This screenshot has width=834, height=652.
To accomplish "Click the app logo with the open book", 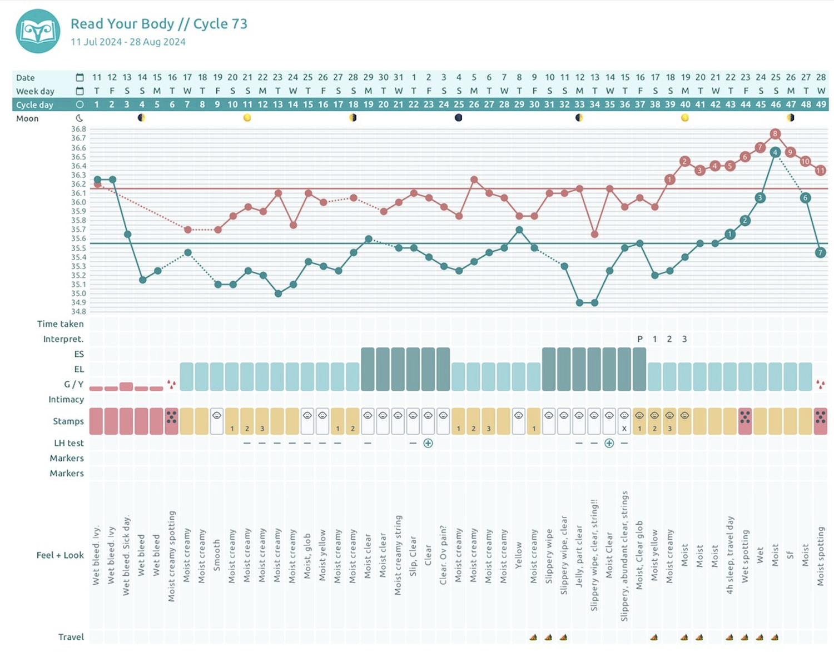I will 38,31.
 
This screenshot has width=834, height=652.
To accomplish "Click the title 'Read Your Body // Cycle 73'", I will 158,24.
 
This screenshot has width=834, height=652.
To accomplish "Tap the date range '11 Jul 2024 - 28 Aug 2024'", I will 128,42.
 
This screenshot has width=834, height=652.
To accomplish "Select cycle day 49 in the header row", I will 821,104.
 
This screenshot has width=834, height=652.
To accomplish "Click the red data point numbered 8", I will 775,134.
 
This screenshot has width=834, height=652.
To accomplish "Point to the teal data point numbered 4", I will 775,152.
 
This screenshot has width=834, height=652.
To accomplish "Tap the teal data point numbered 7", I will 820,252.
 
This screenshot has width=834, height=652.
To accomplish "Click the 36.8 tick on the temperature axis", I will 78,129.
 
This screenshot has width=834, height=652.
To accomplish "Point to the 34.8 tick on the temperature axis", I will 78,311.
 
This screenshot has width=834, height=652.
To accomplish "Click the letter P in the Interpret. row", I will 639,339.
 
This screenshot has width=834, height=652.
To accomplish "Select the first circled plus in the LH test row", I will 428,444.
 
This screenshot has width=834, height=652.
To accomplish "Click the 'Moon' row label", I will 27,118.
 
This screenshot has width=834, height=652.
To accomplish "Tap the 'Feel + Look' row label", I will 60,555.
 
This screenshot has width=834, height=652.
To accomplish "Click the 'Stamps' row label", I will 68,421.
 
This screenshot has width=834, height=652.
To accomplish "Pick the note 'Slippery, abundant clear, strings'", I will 624,556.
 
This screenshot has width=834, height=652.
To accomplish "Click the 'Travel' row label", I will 71,637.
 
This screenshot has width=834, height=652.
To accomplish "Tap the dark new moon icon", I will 458,118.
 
